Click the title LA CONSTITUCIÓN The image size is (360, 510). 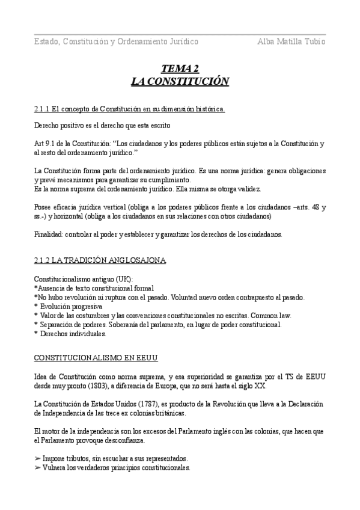tap(180, 81)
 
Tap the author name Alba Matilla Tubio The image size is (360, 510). tap(291, 41)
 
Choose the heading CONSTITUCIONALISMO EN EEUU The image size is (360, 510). tap(95, 359)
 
